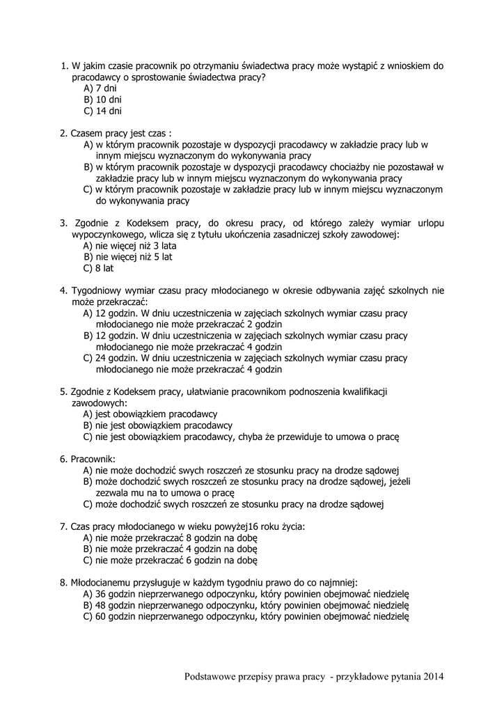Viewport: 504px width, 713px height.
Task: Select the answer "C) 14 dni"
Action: point(102,111)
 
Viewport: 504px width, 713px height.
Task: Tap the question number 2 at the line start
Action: point(63,133)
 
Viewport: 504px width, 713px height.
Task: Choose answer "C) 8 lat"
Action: point(98,267)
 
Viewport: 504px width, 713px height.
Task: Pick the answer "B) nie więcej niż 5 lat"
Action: point(127,256)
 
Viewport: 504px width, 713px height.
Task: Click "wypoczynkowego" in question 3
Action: point(106,234)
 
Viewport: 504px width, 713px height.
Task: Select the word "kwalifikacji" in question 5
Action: point(363,391)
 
